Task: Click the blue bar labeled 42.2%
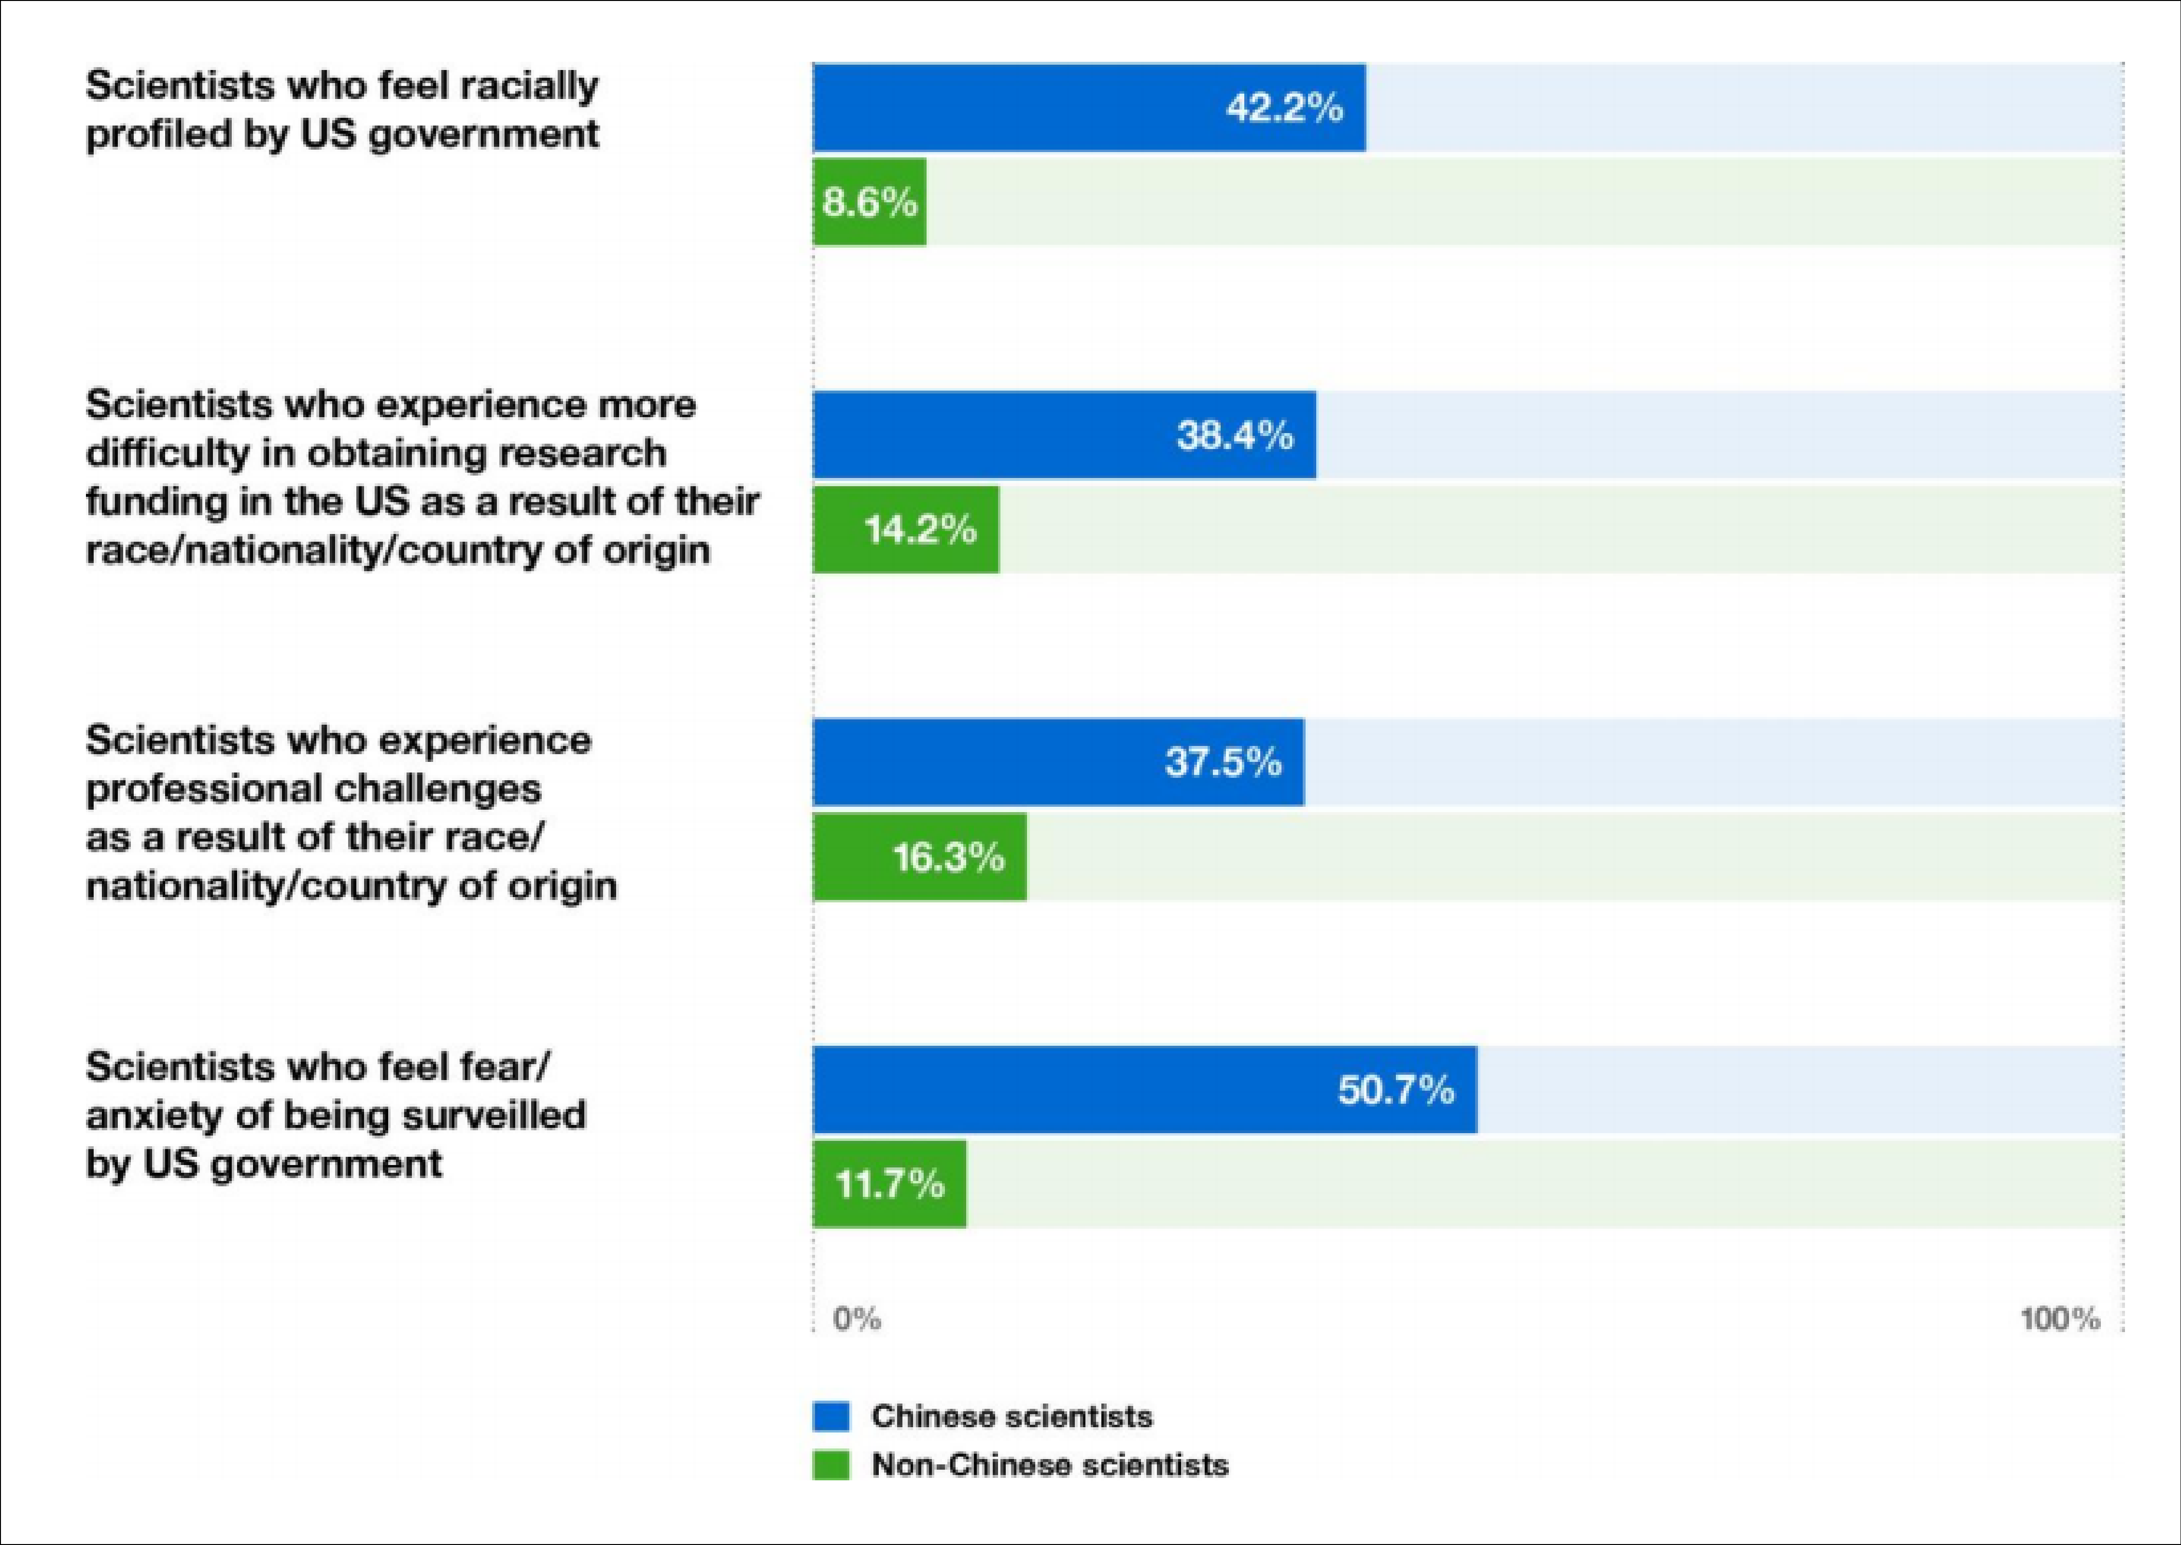click(x=1089, y=108)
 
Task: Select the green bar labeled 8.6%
click(x=869, y=202)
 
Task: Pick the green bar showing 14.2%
click(x=905, y=529)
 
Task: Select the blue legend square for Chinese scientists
click(x=830, y=1417)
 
